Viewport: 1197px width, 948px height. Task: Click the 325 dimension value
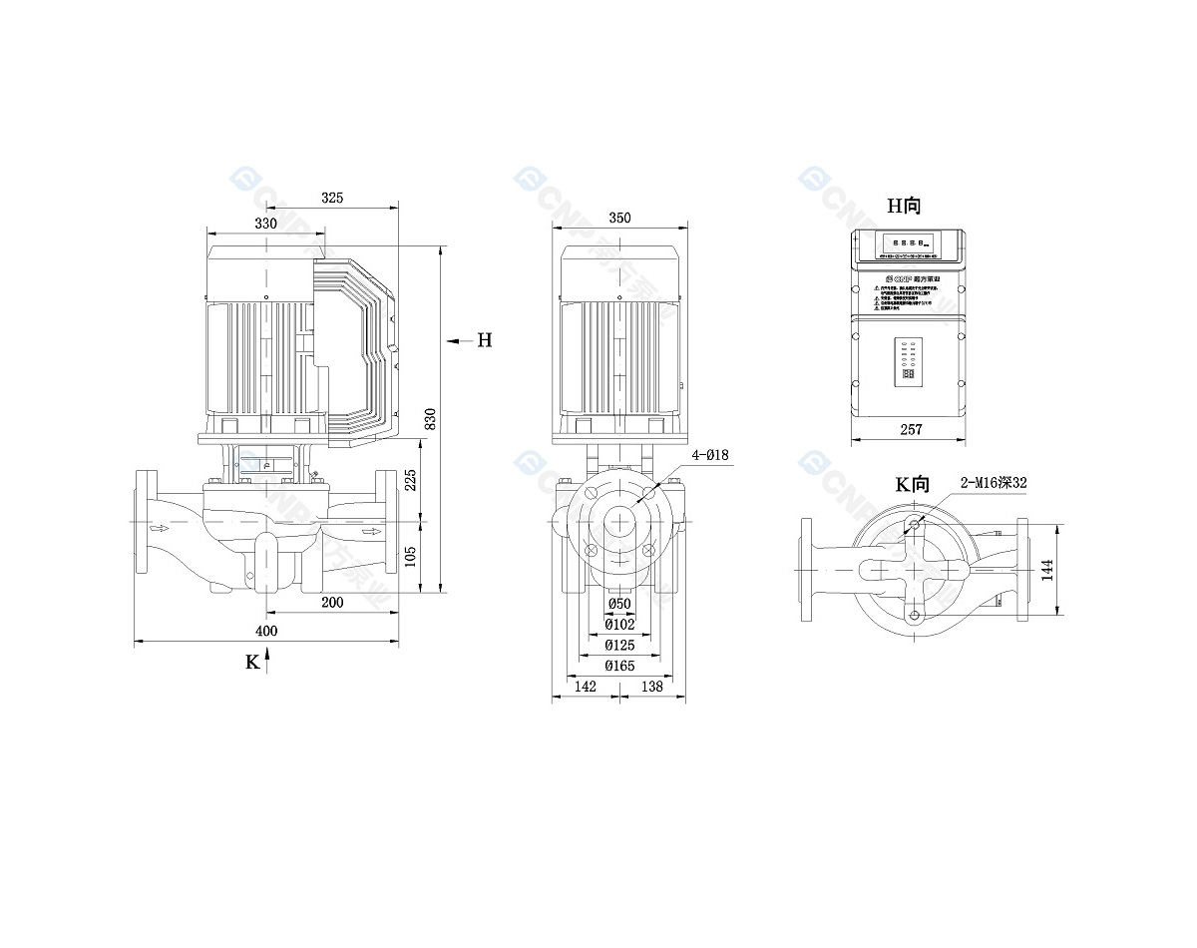tap(332, 198)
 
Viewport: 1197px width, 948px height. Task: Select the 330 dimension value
tap(265, 224)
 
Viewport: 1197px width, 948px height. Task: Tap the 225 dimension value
tap(411, 480)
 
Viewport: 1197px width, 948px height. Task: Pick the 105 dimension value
tap(411, 556)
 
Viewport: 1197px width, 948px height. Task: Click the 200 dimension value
tap(332, 603)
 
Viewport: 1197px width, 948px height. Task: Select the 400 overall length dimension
tap(266, 631)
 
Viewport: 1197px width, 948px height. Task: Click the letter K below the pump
tap(252, 661)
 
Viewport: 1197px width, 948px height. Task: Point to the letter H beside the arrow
tap(484, 340)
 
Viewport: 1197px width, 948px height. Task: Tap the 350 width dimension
tap(619, 218)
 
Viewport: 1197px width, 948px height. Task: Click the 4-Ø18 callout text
tap(711, 455)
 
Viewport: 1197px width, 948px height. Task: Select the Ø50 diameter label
tap(619, 605)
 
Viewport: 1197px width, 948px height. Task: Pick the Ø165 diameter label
tap(619, 666)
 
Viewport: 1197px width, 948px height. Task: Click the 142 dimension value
tap(586, 687)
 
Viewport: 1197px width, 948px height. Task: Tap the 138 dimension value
tap(651, 687)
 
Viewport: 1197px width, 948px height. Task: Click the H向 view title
tap(905, 206)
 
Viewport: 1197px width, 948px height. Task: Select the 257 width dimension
tap(911, 430)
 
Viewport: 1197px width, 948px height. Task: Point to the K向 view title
tap(912, 485)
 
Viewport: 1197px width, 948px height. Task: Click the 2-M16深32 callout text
tap(994, 482)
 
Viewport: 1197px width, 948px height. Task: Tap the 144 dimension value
tap(1046, 569)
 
